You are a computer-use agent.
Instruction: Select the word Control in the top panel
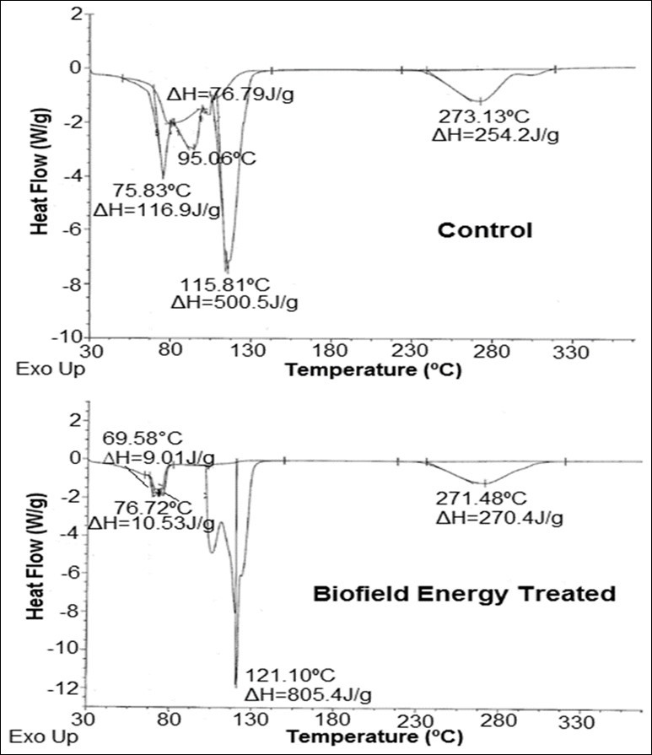pos(484,230)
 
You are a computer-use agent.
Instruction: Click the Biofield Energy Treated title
pos(464,594)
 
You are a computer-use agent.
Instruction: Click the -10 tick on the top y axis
pos(70,337)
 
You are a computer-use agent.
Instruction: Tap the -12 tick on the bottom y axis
pos(70,688)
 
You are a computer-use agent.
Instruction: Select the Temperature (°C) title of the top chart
pos(374,369)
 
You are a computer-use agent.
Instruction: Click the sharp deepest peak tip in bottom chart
pos(236,686)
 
